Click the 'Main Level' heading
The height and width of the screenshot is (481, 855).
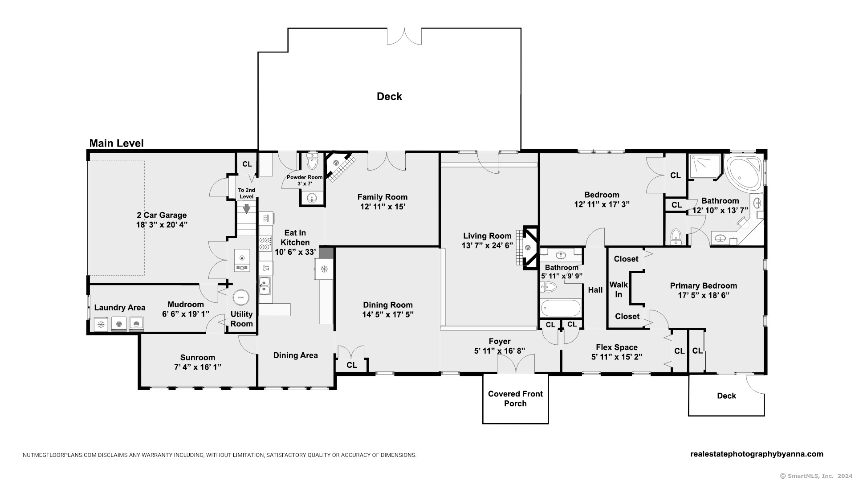coord(116,143)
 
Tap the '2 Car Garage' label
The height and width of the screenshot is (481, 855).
coord(162,215)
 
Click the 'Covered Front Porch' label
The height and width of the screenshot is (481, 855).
coord(515,399)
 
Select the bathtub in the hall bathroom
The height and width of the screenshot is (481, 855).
coord(560,308)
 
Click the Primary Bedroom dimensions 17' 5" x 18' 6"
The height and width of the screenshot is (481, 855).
coord(704,295)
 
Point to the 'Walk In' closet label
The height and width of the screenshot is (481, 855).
coord(619,289)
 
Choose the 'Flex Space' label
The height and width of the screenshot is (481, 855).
coord(617,347)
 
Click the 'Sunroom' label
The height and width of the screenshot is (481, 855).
coord(198,358)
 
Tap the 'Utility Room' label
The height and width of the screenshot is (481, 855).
coord(242,319)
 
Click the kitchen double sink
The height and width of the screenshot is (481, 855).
coord(265,286)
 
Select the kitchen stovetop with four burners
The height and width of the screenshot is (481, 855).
coord(265,244)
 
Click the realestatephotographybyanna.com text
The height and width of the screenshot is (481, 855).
coord(757,454)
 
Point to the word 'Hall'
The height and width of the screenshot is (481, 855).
coord(595,290)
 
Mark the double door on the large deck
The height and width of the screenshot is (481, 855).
coord(404,37)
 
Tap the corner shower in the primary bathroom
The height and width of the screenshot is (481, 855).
coord(704,167)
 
